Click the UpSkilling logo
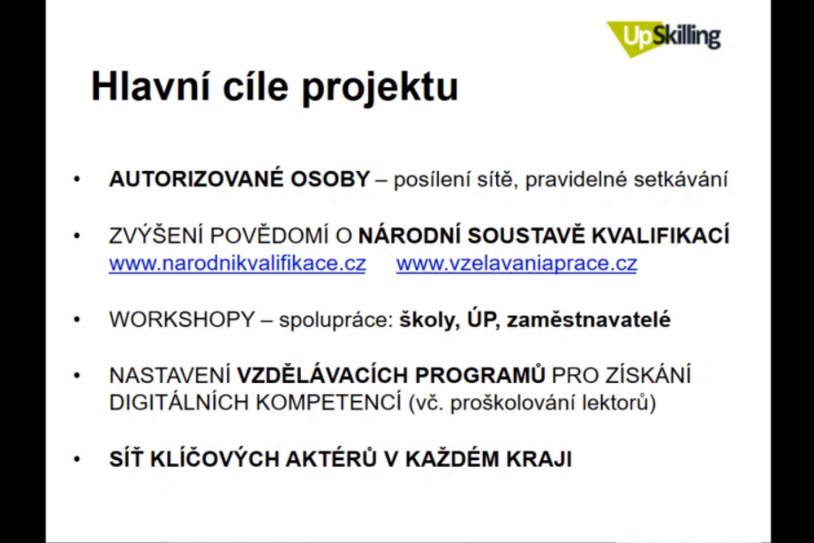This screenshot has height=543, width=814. coord(664,38)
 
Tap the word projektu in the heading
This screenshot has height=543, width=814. coord(380,88)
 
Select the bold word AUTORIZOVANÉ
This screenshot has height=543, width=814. coord(196,179)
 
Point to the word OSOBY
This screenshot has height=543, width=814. coord(329,179)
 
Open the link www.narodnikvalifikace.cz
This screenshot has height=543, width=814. coord(237,263)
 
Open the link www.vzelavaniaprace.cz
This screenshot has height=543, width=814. coord(516,263)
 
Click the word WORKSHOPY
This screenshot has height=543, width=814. coord(182,320)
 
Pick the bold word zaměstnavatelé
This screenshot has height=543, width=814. coord(589,320)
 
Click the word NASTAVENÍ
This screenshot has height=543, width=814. coord(170,375)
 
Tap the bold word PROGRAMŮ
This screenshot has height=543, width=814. coord(480,375)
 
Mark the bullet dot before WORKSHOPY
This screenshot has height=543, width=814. coord(78,320)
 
